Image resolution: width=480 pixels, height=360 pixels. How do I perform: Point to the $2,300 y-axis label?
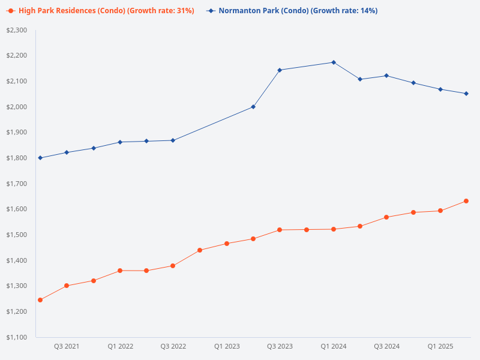pyautogui.click(x=16, y=30)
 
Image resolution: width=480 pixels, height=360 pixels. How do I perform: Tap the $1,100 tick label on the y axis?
pyautogui.click(x=16, y=337)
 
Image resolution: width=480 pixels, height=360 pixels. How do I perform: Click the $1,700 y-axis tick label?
pyautogui.click(x=16, y=184)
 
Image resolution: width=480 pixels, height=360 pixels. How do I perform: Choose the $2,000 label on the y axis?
pyautogui.click(x=16, y=107)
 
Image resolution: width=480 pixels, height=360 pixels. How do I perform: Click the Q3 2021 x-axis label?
pyautogui.click(x=67, y=346)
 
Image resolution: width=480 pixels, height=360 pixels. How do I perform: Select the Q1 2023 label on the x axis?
pyautogui.click(x=227, y=346)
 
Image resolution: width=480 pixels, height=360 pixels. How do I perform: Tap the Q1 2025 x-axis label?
pyautogui.click(x=440, y=346)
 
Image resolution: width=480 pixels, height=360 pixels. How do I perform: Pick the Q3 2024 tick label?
pyautogui.click(x=386, y=346)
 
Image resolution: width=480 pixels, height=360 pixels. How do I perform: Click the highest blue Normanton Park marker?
pyautogui.click(x=334, y=62)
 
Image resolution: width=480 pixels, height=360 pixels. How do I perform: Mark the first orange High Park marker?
pyautogui.click(x=40, y=300)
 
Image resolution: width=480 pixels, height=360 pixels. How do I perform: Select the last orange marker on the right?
pyautogui.click(x=466, y=201)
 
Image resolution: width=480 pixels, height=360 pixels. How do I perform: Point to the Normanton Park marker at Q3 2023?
pyautogui.click(x=280, y=70)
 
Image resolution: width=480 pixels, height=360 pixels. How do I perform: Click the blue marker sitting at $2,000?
pyautogui.click(x=253, y=107)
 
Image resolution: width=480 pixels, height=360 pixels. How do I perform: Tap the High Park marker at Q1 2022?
pyautogui.click(x=120, y=271)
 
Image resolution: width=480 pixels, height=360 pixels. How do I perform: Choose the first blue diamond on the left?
pyautogui.click(x=40, y=158)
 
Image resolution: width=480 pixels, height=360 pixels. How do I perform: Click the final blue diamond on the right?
pyautogui.click(x=466, y=94)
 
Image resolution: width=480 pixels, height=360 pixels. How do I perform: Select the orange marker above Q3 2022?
pyautogui.click(x=173, y=266)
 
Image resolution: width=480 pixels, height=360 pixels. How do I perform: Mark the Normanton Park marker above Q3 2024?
pyautogui.click(x=386, y=76)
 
